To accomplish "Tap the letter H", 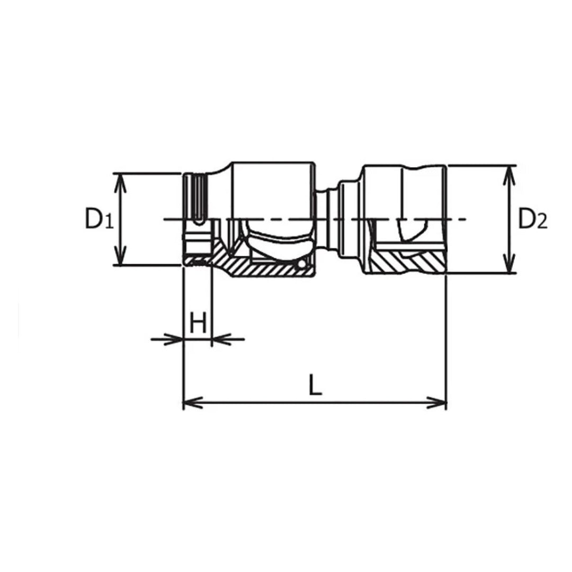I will coord(198,323).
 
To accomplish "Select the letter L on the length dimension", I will coord(315,386).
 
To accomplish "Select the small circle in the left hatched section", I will coord(301,264).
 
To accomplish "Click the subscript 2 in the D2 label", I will coord(541,223).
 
